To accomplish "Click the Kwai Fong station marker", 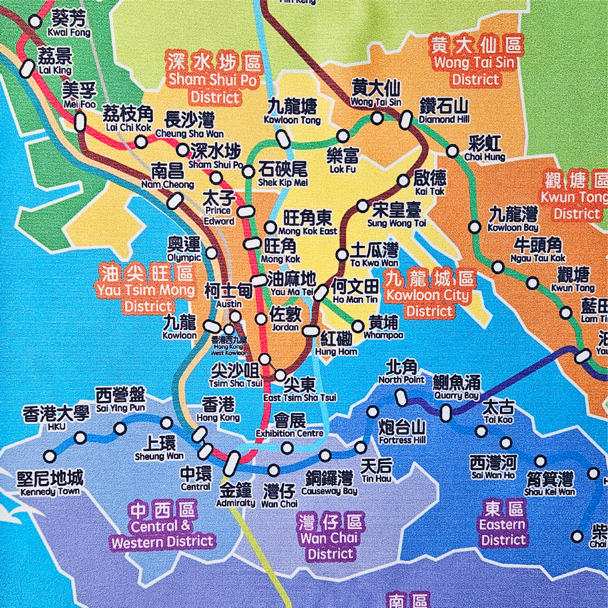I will click(x=36, y=22).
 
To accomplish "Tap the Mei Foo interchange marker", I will click(x=80, y=122).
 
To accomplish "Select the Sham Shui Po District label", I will click(x=214, y=79).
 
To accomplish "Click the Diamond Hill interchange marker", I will click(x=406, y=120).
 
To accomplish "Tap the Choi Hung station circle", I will click(x=453, y=151).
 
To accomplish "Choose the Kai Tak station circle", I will click(x=403, y=181).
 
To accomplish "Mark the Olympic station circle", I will click(x=212, y=252).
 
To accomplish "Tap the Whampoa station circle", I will click(x=358, y=326).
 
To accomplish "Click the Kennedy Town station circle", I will click(x=50, y=456).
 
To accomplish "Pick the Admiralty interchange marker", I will click(x=232, y=468).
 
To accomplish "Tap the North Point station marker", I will click(x=401, y=398).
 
